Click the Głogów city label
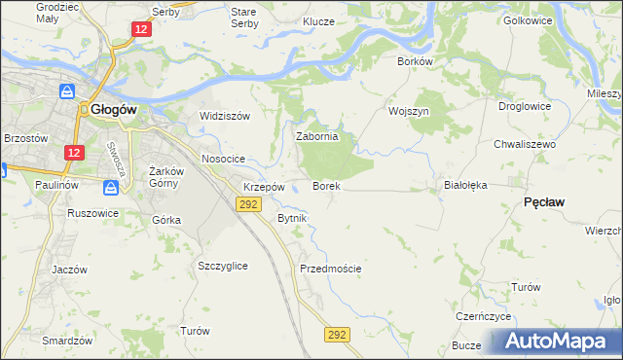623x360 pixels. coord(113,110)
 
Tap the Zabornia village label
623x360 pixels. coord(316,137)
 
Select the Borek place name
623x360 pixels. coord(325,185)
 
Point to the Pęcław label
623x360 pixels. coord(545,200)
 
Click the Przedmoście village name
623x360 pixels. coord(331,269)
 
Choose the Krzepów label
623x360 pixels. coord(264,187)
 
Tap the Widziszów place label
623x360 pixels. coord(225,116)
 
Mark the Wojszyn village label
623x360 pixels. coord(409,111)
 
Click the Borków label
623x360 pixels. coord(415,60)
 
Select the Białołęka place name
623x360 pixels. coord(464,184)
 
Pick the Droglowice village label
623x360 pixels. coord(525,106)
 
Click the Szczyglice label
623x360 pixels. coord(222,266)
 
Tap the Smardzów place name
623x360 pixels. coord(67,341)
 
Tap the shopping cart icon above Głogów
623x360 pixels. coord(67,90)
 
